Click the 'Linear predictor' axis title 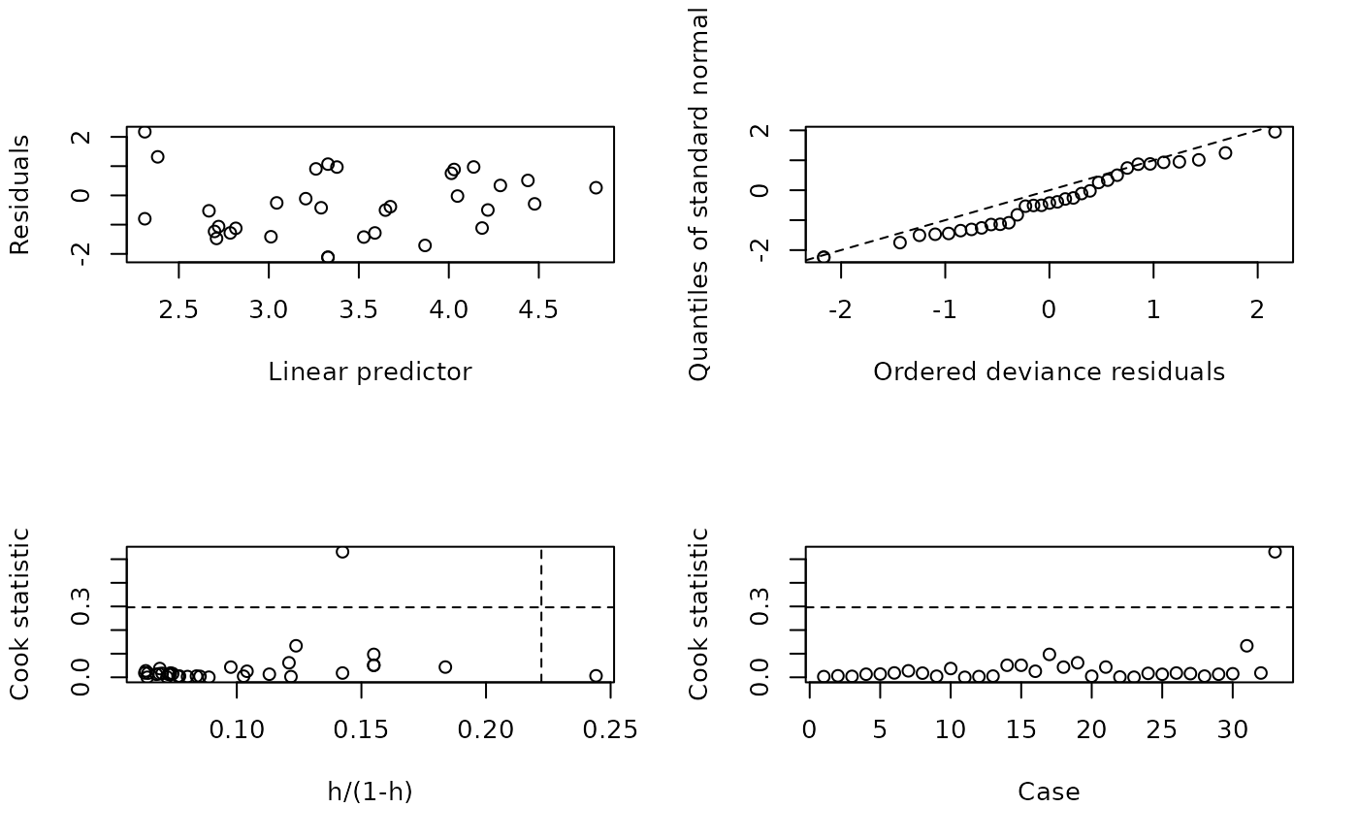tap(370, 372)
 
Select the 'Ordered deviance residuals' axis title tap(1049, 372)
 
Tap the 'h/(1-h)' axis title tap(370, 792)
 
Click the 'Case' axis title tap(1049, 792)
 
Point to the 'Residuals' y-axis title tap(20, 195)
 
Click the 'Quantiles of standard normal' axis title tap(698, 194)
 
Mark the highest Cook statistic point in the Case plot tap(1275, 552)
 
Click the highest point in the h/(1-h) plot tap(342, 552)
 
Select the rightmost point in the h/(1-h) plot tap(596, 675)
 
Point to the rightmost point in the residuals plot tap(596, 187)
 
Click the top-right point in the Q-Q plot tap(1275, 132)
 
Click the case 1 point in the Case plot tap(824, 676)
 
